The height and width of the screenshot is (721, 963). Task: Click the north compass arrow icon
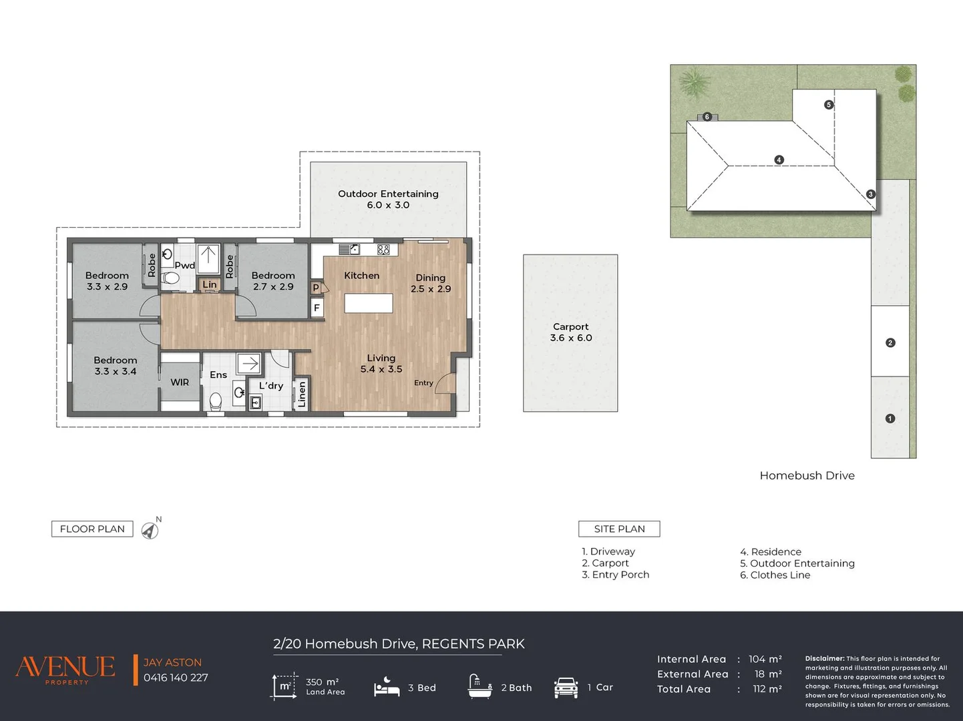click(x=150, y=530)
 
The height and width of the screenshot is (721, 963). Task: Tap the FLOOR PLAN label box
click(x=92, y=529)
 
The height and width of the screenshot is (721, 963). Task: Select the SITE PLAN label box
click(x=619, y=529)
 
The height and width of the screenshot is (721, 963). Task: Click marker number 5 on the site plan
click(x=828, y=104)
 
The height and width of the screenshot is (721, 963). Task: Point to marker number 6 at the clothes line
click(x=707, y=117)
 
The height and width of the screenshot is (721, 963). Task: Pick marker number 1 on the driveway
click(x=890, y=419)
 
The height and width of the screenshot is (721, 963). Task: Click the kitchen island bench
click(x=369, y=303)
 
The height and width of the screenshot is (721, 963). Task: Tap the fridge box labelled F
click(x=317, y=308)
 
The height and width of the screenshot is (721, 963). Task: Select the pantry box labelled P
click(x=316, y=288)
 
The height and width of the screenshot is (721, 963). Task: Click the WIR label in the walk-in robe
click(x=180, y=382)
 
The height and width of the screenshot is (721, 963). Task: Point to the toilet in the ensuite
click(x=216, y=401)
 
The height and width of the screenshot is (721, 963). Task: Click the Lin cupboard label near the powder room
click(x=209, y=284)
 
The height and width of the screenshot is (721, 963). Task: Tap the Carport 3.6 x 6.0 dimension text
click(x=571, y=332)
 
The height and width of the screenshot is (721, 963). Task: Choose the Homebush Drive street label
click(x=807, y=475)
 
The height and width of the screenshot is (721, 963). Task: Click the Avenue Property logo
click(x=65, y=669)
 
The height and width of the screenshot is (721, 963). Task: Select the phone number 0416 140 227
click(x=176, y=678)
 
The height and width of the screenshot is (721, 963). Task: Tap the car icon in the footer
click(x=566, y=687)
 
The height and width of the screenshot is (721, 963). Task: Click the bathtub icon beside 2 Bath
click(x=480, y=686)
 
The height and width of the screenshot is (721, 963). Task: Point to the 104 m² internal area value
click(x=765, y=659)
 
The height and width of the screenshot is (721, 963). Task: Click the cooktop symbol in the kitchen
click(x=383, y=250)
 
